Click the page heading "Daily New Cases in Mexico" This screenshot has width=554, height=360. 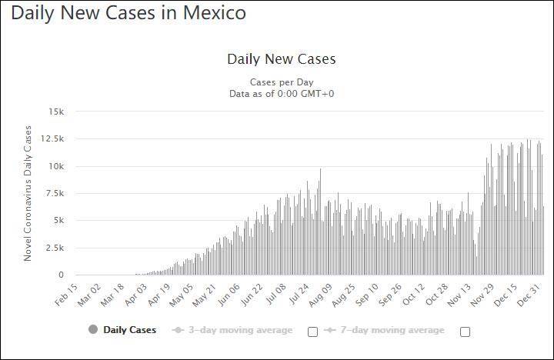(129, 14)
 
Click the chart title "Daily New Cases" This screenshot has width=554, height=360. (281, 59)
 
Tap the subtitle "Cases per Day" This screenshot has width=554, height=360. (281, 82)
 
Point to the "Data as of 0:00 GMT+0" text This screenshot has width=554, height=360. (281, 94)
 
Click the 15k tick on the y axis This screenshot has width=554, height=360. (58, 112)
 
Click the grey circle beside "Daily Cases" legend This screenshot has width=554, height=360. (93, 330)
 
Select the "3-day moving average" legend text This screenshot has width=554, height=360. (241, 330)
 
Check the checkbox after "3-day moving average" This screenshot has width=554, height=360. (312, 332)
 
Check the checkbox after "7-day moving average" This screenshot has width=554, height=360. (465, 332)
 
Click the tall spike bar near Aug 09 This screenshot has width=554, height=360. (321, 223)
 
